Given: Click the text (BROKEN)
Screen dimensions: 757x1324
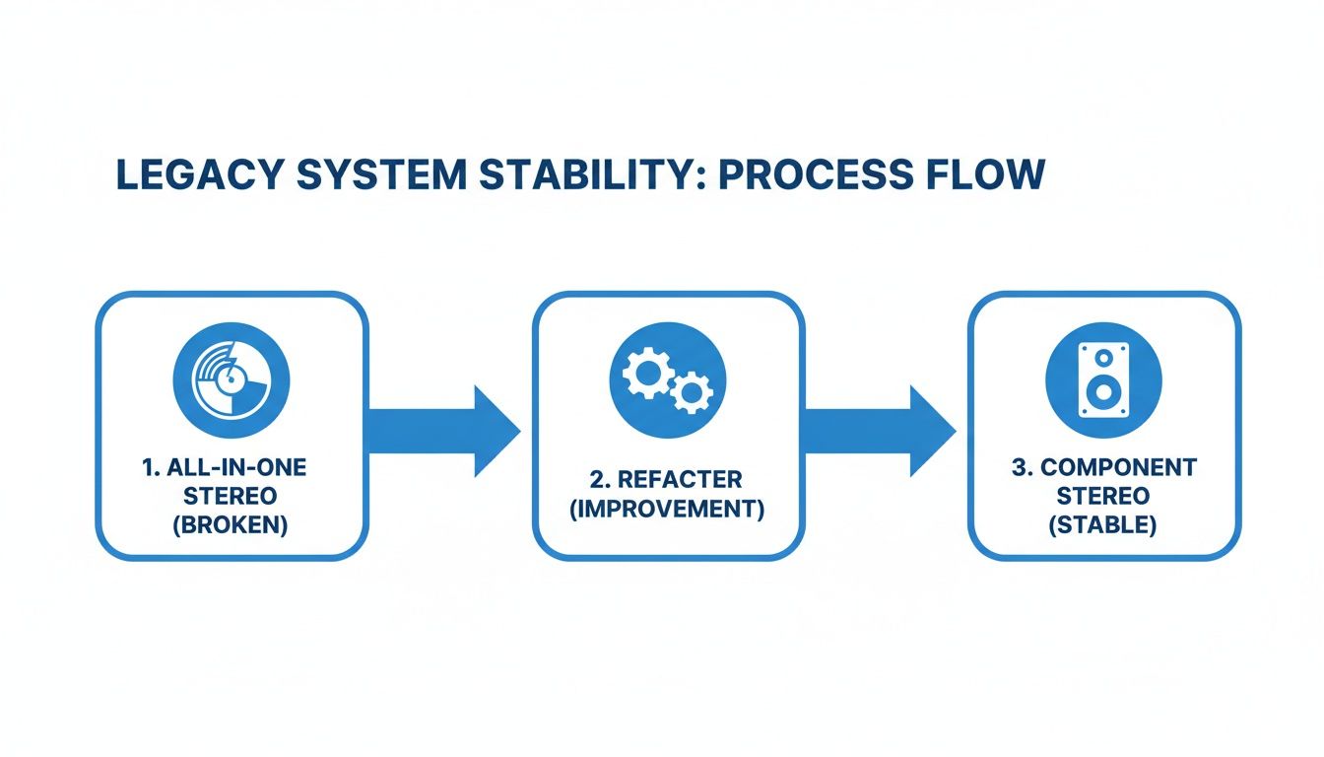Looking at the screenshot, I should [232, 525].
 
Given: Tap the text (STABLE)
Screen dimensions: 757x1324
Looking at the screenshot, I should [1104, 525].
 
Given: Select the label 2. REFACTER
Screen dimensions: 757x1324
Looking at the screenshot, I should [668, 480].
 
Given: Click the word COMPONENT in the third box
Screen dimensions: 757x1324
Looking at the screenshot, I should [1119, 467].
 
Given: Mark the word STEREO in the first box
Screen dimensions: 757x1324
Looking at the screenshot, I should [232, 497].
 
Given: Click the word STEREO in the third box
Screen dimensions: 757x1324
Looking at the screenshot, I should [1104, 497].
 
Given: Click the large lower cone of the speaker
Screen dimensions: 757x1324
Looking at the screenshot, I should [1103, 393].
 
